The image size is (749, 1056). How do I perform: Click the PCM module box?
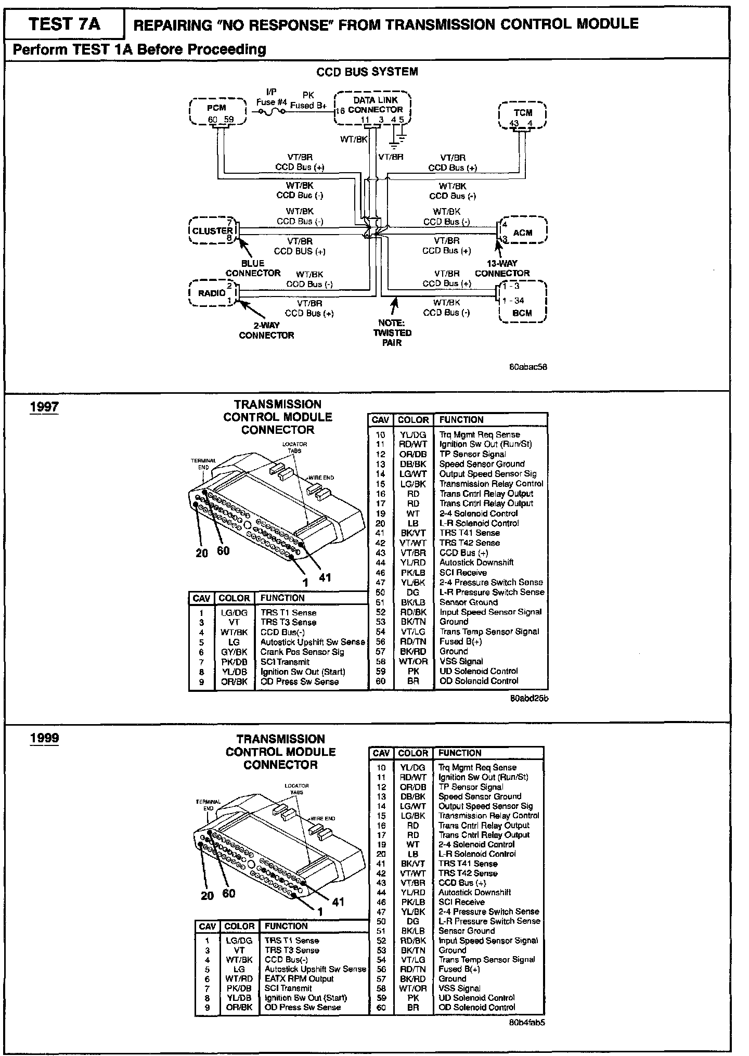[x=217, y=111]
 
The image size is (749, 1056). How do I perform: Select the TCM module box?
[x=522, y=115]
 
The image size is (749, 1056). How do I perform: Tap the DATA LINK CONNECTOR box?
[x=372, y=108]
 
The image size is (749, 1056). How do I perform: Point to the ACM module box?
[x=522, y=230]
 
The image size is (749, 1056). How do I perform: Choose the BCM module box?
[x=522, y=302]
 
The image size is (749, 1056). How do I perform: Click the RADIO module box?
[x=212, y=293]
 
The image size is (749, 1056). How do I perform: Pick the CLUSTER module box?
[x=212, y=230]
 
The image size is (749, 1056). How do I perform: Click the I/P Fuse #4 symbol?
[x=271, y=111]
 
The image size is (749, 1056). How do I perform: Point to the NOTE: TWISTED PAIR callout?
[x=392, y=333]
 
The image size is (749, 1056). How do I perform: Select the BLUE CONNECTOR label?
[x=253, y=268]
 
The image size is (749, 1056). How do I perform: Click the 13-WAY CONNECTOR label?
[x=502, y=268]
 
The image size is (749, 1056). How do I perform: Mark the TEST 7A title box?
[x=64, y=24]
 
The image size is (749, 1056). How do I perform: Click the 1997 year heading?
[x=44, y=406]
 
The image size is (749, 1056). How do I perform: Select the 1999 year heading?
[x=44, y=738]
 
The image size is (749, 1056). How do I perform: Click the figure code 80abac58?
[x=528, y=367]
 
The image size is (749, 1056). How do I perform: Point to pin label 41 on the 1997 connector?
[x=325, y=577]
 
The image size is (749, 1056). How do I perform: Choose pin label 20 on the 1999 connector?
[x=207, y=895]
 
